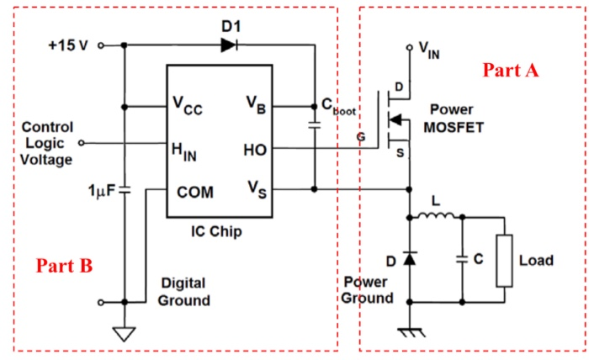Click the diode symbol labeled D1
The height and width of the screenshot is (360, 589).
tap(228, 45)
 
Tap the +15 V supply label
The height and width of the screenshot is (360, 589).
tap(67, 45)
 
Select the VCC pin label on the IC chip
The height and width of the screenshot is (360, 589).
tap(188, 107)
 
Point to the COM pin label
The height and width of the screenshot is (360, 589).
tap(194, 191)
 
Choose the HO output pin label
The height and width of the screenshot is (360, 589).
tap(254, 150)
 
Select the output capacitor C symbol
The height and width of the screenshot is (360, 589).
tap(461, 259)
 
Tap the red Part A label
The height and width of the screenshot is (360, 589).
tap(510, 71)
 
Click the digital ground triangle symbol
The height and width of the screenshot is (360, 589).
tap(125, 333)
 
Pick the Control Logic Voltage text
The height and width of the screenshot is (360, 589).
tap(47, 142)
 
